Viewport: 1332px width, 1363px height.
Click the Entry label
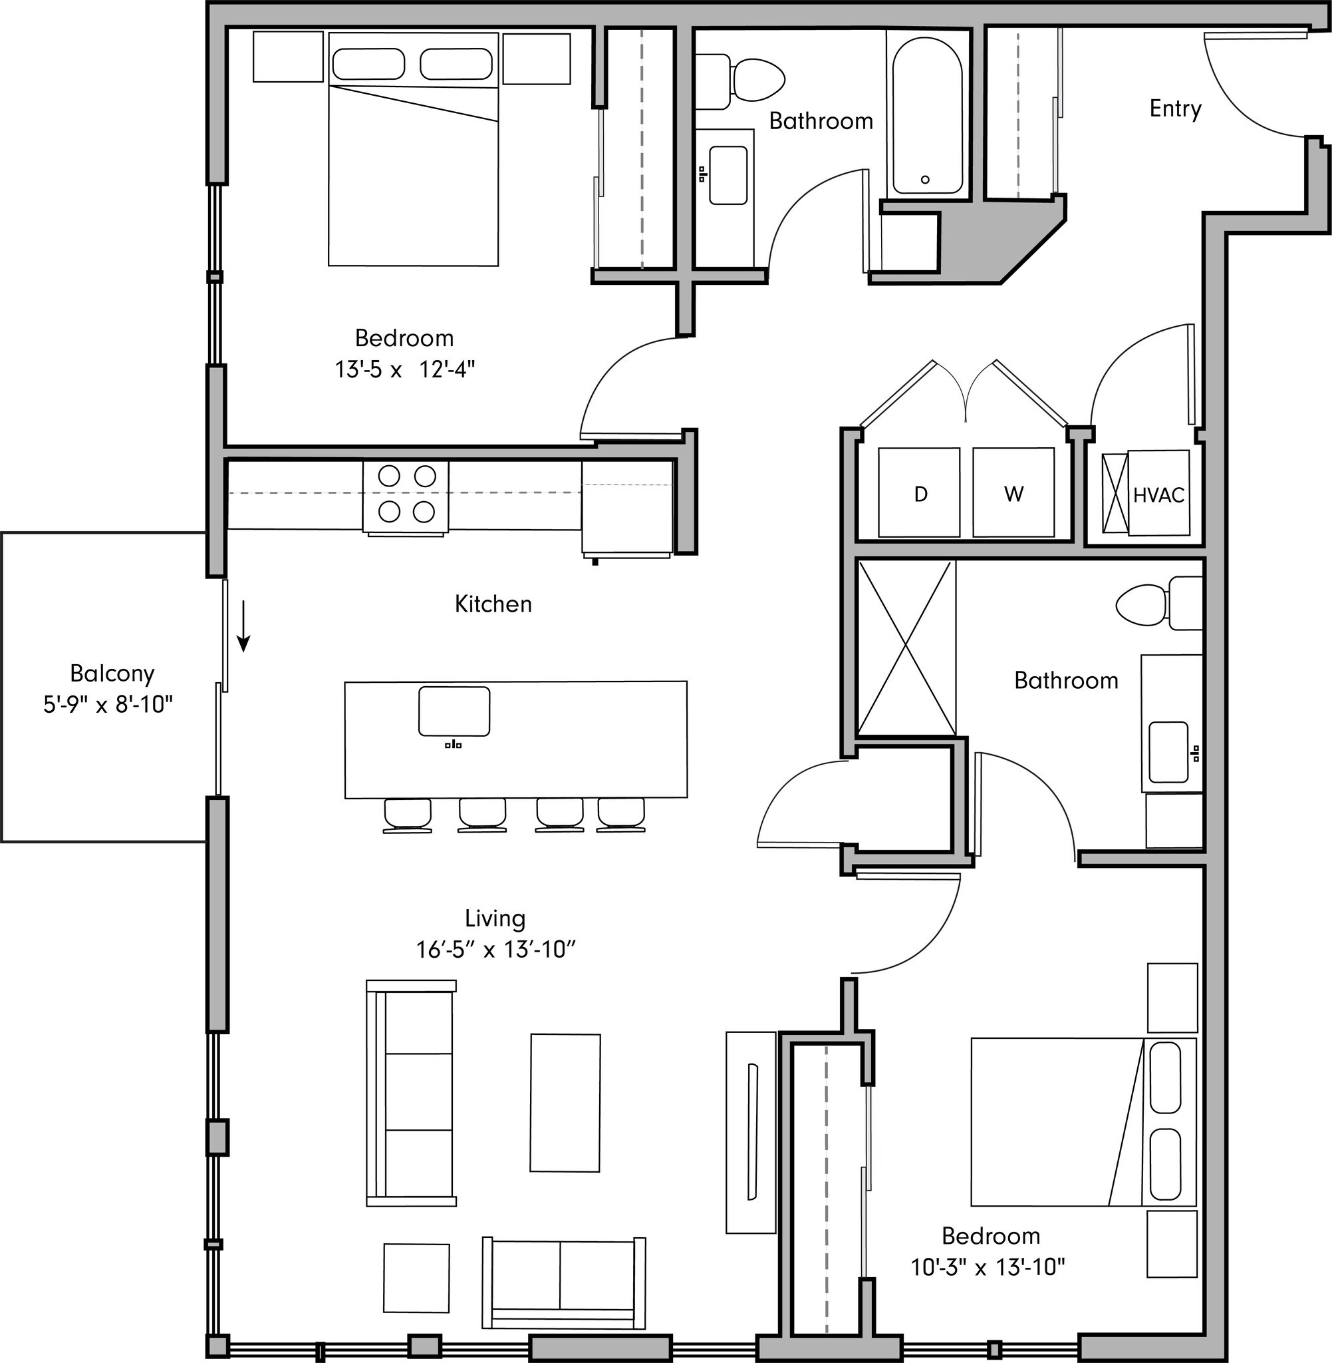point(1174,108)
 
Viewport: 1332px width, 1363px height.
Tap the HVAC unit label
point(1158,495)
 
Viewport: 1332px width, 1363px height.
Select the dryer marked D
point(919,494)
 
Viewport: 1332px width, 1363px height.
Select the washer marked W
point(1013,494)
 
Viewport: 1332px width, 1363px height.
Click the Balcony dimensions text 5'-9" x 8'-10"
point(108,704)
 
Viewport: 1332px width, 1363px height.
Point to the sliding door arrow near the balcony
point(243,625)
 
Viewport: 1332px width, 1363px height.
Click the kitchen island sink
point(454,711)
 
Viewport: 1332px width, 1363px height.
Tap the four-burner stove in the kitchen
point(406,495)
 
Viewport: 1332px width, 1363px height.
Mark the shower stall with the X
point(906,648)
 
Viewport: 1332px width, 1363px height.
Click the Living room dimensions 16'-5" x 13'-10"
point(495,950)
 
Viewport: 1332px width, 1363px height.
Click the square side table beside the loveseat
point(416,1278)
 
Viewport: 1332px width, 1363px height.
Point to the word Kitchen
point(493,604)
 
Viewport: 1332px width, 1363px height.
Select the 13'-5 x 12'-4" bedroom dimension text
point(404,369)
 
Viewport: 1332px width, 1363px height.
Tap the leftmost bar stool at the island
point(407,815)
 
